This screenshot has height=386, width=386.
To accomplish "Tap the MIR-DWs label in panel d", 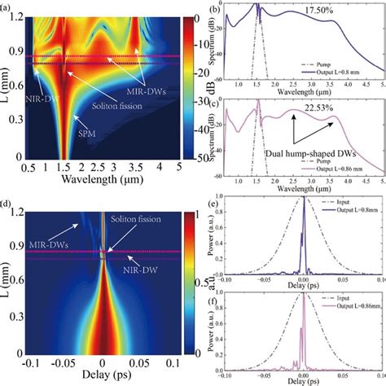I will [x=38, y=243].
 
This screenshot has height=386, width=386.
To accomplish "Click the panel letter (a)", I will [x=9, y=6].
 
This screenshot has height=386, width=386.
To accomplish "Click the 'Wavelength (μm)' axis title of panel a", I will [x=102, y=179].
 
